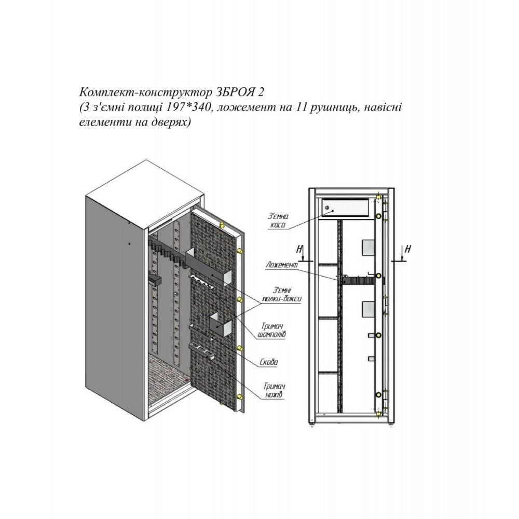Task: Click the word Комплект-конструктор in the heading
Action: pyautogui.click(x=145, y=92)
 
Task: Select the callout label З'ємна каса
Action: pyautogui.click(x=278, y=221)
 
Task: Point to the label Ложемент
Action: pyautogui.click(x=282, y=265)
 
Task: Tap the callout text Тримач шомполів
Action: pyautogui.click(x=272, y=330)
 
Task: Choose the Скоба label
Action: pyautogui.click(x=268, y=362)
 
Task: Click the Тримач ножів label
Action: pyautogui.click(x=275, y=391)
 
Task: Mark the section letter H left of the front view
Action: pyautogui.click(x=300, y=249)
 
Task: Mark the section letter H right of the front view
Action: pyautogui.click(x=408, y=249)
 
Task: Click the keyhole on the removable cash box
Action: pyautogui.click(x=327, y=208)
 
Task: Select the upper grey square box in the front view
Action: pyautogui.click(x=368, y=248)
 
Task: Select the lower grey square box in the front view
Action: pyautogui.click(x=368, y=309)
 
